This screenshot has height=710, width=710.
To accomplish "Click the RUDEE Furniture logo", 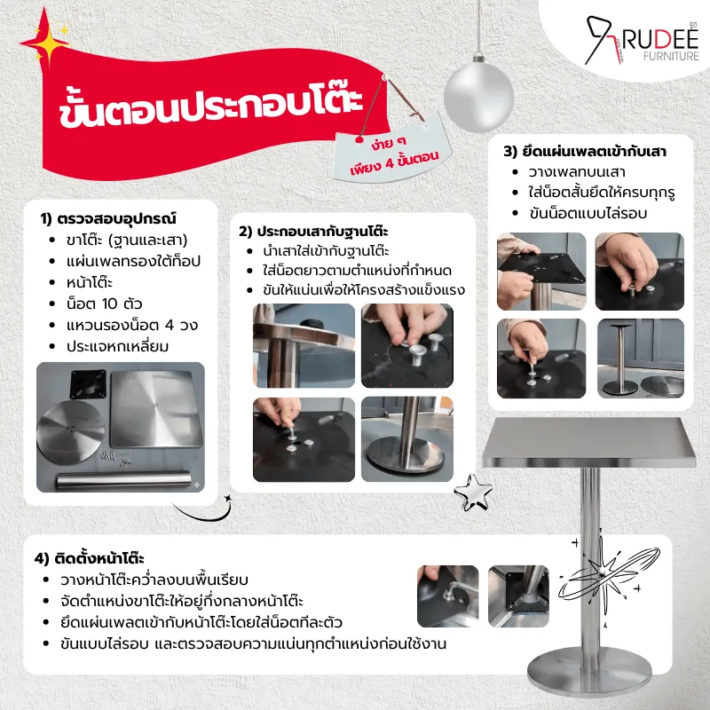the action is [642, 41].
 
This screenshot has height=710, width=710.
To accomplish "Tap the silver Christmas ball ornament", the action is [478, 95].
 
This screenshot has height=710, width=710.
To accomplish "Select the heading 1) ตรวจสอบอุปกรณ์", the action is [107, 218].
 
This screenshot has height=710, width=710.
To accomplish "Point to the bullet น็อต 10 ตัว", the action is [104, 304].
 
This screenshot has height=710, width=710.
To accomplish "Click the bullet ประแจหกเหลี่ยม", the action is [117, 346].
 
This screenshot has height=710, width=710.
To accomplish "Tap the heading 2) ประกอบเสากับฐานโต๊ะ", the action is [313, 232].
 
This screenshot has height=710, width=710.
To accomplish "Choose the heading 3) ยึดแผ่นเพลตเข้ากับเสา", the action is [585, 151].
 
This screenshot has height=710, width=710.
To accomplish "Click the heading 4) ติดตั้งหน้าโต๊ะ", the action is [90, 558].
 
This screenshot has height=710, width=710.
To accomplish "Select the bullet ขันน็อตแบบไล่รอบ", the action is [588, 213].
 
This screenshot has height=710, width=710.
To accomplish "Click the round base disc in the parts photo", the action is [71, 431].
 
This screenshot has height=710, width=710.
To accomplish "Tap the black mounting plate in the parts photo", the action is [88, 384].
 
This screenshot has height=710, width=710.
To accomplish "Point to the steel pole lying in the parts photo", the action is [123, 480].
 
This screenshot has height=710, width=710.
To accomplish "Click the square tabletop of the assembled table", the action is [588, 442].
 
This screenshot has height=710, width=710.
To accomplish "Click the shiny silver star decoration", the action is [473, 493].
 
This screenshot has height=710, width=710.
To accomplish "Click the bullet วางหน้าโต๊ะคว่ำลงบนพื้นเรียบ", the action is [154, 580].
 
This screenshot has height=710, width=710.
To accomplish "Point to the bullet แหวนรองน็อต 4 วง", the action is [131, 325].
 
